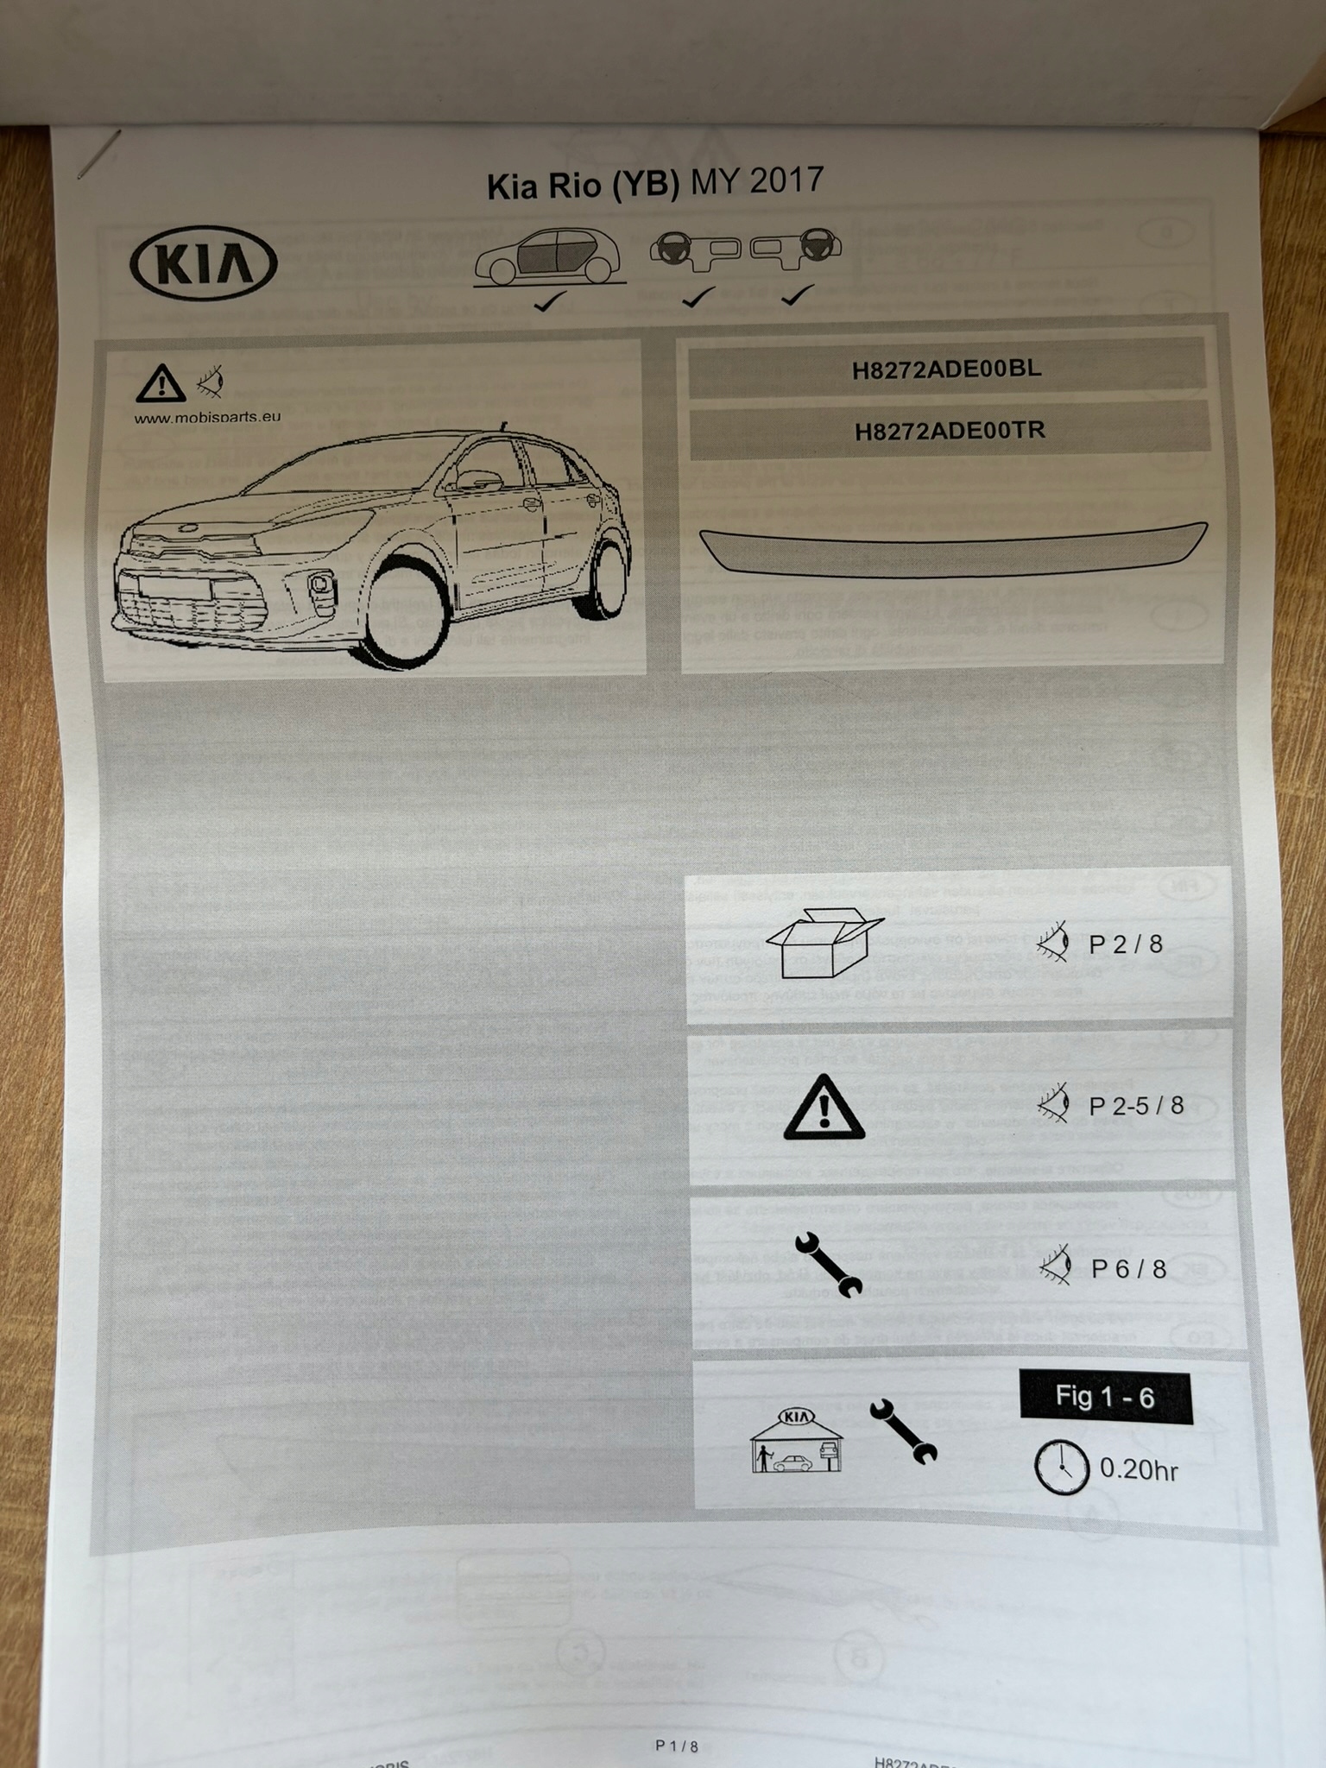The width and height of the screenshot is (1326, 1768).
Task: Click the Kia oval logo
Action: (204, 262)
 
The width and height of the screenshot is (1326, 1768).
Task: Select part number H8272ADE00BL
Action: (947, 369)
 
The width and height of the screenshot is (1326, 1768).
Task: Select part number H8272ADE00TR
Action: (950, 430)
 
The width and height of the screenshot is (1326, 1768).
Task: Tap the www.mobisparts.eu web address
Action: (207, 417)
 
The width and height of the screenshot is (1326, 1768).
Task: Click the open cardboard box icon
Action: (824, 944)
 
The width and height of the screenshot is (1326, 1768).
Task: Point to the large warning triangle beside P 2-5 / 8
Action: (824, 1108)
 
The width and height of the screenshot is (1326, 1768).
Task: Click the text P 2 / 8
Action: (1126, 944)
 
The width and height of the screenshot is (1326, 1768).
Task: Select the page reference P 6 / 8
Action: (1128, 1269)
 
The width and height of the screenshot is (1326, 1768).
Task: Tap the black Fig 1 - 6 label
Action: (1105, 1397)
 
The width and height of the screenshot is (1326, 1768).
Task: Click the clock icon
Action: (1061, 1467)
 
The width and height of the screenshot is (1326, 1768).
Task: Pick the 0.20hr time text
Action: (1139, 1469)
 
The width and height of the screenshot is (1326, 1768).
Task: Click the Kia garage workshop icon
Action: (796, 1440)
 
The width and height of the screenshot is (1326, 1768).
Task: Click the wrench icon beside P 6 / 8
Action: (828, 1265)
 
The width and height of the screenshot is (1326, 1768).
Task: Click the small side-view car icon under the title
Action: (549, 257)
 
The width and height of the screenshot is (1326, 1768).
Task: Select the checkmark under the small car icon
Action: (549, 301)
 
